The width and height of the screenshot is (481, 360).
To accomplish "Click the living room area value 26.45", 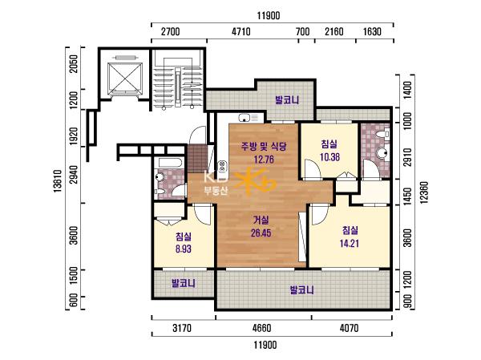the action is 261,233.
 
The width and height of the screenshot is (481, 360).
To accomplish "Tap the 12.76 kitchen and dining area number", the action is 264,160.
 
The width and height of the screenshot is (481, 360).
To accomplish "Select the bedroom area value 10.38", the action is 329,157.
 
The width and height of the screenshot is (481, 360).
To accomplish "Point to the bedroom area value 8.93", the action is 184,249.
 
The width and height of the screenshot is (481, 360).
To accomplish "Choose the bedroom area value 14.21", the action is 350,244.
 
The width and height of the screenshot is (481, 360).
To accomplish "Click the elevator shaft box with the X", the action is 125,78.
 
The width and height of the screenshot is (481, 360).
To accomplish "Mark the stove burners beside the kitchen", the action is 222,167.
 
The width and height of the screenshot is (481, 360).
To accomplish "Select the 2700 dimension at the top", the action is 171,31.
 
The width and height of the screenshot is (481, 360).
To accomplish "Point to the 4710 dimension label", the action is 241,31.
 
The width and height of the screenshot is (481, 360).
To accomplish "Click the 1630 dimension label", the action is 372,31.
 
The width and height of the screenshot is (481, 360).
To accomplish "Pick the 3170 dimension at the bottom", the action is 182,328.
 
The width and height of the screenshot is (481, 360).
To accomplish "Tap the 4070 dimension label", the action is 349,328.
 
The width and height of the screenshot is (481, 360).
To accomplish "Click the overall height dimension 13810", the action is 58,181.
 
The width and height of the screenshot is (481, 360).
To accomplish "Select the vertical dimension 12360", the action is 423,192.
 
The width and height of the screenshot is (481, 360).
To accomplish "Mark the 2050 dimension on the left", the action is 74,64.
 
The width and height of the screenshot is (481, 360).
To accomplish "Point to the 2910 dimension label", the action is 407,157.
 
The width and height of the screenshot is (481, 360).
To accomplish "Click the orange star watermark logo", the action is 255,182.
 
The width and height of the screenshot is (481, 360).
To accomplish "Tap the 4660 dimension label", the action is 262,328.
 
